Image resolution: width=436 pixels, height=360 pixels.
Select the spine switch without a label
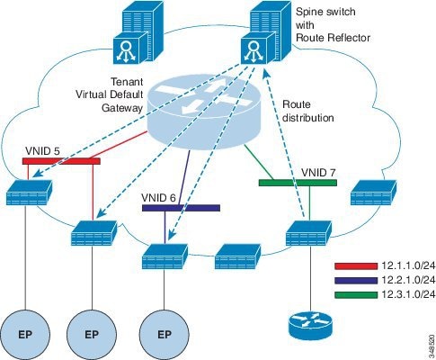(138, 32)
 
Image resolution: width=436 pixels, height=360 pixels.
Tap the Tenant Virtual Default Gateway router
(203, 112)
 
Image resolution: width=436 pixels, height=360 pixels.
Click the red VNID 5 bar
(61, 161)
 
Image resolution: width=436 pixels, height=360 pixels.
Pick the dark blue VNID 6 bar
(181, 208)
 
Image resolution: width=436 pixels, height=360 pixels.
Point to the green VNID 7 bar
(298, 183)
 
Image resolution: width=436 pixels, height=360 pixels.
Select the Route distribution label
(308, 111)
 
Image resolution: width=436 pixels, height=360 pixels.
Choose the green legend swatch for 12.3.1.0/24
(356, 294)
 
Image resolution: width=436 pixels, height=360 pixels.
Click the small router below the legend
(310, 326)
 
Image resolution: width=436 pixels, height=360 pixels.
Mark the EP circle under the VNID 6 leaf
(165, 334)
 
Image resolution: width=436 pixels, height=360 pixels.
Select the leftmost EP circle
(25, 334)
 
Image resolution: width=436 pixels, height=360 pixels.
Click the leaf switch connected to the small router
(308, 233)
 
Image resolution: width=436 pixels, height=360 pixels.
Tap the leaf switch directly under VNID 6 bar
(165, 256)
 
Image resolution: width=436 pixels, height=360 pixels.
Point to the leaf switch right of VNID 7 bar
(373, 193)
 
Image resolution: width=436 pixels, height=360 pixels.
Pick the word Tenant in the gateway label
(127, 82)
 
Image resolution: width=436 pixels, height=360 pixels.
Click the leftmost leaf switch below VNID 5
(29, 193)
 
